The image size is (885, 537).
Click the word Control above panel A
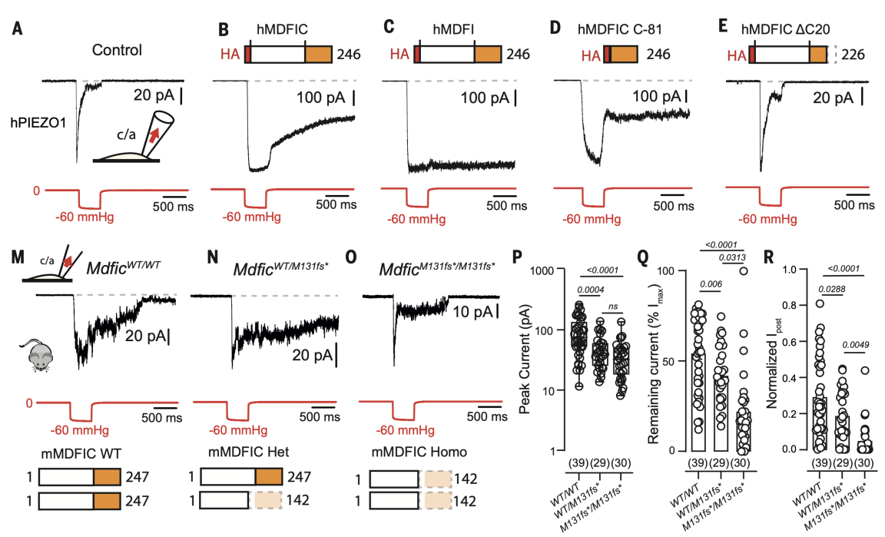tap(118, 51)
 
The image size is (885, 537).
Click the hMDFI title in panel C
tap(453, 29)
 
